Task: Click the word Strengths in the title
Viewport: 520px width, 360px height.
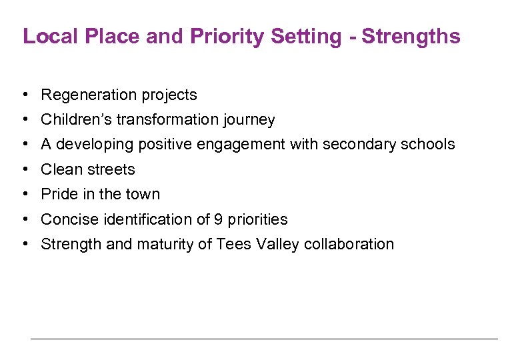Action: coord(411,36)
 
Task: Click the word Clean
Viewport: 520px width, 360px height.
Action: coord(59,169)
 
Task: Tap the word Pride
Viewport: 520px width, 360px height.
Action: coord(57,194)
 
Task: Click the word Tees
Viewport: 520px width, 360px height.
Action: coord(232,244)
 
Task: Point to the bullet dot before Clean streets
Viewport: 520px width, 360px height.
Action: coord(23,169)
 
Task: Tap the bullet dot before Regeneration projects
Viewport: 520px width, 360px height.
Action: coord(23,95)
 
